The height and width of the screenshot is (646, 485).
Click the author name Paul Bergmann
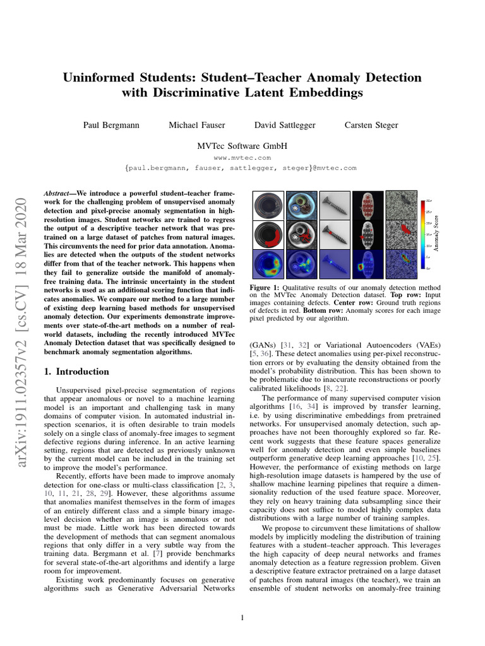(x=109, y=125)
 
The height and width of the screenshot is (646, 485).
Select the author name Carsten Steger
(x=371, y=125)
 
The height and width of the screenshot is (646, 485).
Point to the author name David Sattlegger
(x=284, y=125)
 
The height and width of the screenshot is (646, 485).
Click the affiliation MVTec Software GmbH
(x=242, y=146)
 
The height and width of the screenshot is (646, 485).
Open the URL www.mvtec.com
(x=242, y=158)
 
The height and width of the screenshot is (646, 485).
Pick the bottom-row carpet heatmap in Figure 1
(x=402, y=264)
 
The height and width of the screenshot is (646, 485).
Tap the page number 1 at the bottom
(x=242, y=618)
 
